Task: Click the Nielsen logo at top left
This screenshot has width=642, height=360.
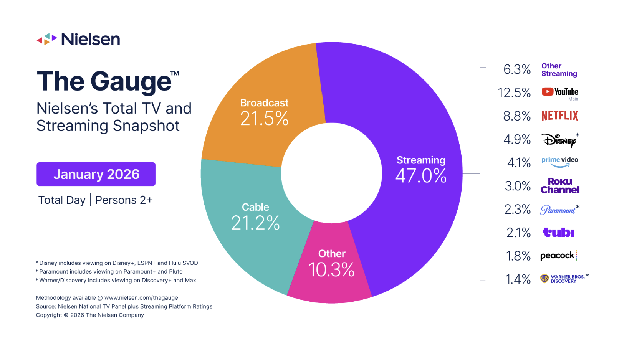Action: pyautogui.click(x=78, y=39)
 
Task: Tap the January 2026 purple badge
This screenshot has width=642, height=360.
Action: pyautogui.click(x=96, y=174)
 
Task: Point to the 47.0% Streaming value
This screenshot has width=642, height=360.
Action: pyautogui.click(x=421, y=176)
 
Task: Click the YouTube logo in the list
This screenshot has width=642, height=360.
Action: pyautogui.click(x=560, y=92)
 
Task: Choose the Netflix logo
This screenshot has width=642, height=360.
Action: pyautogui.click(x=560, y=116)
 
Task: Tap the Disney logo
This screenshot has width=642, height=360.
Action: pyautogui.click(x=559, y=140)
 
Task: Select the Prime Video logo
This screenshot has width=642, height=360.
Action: pyautogui.click(x=560, y=162)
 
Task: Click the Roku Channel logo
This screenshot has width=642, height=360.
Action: pyautogui.click(x=560, y=186)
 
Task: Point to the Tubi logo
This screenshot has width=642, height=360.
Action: pyautogui.click(x=559, y=233)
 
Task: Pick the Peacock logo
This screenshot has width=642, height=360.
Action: pyautogui.click(x=559, y=256)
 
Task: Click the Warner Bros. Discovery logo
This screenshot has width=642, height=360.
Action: pyautogui.click(x=563, y=279)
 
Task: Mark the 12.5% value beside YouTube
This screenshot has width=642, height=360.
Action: pyautogui.click(x=514, y=92)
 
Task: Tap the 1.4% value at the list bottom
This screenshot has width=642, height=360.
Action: pyautogui.click(x=518, y=279)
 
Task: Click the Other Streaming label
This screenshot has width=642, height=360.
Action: pyautogui.click(x=559, y=70)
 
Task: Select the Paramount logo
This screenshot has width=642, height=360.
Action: pyautogui.click(x=558, y=210)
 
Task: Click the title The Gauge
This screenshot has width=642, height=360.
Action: pyautogui.click(x=104, y=81)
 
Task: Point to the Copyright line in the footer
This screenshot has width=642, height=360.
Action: pyautogui.click(x=90, y=315)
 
